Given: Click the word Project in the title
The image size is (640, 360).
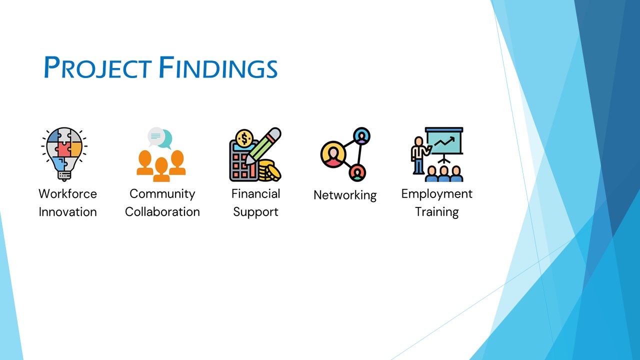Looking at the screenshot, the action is coord(97,67).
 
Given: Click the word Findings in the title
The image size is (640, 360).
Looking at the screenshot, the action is coord(218,67).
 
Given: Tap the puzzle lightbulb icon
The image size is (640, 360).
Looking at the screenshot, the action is coord(64,154).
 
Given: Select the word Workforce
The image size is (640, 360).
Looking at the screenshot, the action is coord(67,193).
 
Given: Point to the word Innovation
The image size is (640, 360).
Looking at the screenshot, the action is coord(67,212).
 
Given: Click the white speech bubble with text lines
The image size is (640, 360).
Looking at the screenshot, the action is coord(156,136).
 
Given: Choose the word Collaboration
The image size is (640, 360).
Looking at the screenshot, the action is coord(162,212).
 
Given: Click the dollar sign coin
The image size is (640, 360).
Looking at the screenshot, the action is coord(244,138).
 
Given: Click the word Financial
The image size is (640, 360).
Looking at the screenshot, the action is coord(255,193).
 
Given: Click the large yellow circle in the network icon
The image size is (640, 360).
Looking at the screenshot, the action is coord(333,154).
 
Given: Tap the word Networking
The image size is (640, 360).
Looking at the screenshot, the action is coord(345,195).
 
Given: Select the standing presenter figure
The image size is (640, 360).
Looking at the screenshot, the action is coord(419,155).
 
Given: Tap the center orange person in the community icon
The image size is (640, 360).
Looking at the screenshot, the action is coord(161,169).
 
